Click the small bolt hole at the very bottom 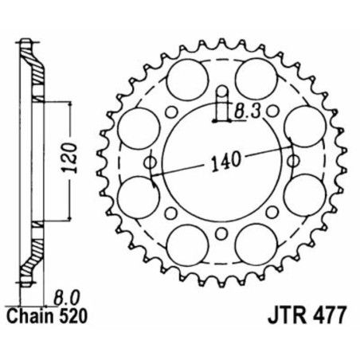[x=221, y=235]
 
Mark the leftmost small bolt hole [x=152, y=165]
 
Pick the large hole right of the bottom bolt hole [x=255, y=239]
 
